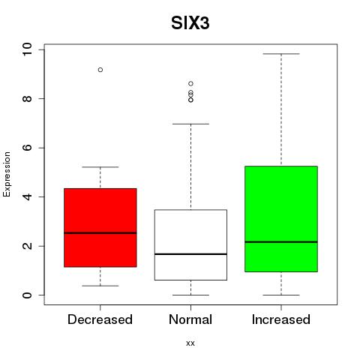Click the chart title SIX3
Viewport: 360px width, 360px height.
pyautogui.click(x=190, y=23)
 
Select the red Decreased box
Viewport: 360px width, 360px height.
pyautogui.click(x=100, y=228)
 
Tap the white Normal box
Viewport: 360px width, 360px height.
pyautogui.click(x=190, y=244)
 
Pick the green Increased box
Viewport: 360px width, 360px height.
pyautogui.click(x=281, y=219)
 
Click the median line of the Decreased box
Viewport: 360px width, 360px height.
pyautogui.click(x=100, y=233)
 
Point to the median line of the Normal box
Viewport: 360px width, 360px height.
pyautogui.click(x=190, y=254)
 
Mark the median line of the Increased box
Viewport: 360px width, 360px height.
pyautogui.click(x=281, y=241)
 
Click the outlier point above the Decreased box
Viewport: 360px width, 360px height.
pyautogui.click(x=100, y=70)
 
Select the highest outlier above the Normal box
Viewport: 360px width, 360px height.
pyautogui.click(x=190, y=83)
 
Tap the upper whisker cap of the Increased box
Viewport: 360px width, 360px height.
pyautogui.click(x=281, y=54)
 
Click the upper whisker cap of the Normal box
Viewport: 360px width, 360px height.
pyautogui.click(x=190, y=124)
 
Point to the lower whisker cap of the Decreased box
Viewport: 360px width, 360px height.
pyautogui.click(x=100, y=286)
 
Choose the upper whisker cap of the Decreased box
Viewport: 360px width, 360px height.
pyautogui.click(x=100, y=166)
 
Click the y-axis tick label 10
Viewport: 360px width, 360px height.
pyautogui.click(x=27, y=49)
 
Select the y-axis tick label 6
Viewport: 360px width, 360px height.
pyautogui.click(x=27, y=148)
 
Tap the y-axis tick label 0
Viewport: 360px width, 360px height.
pyautogui.click(x=27, y=295)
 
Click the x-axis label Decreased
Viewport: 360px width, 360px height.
pyautogui.click(x=100, y=319)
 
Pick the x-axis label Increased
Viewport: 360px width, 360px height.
pyautogui.click(x=281, y=319)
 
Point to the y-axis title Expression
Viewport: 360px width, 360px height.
pyautogui.click(x=7, y=174)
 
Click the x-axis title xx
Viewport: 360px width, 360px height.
pyautogui.click(x=190, y=343)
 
